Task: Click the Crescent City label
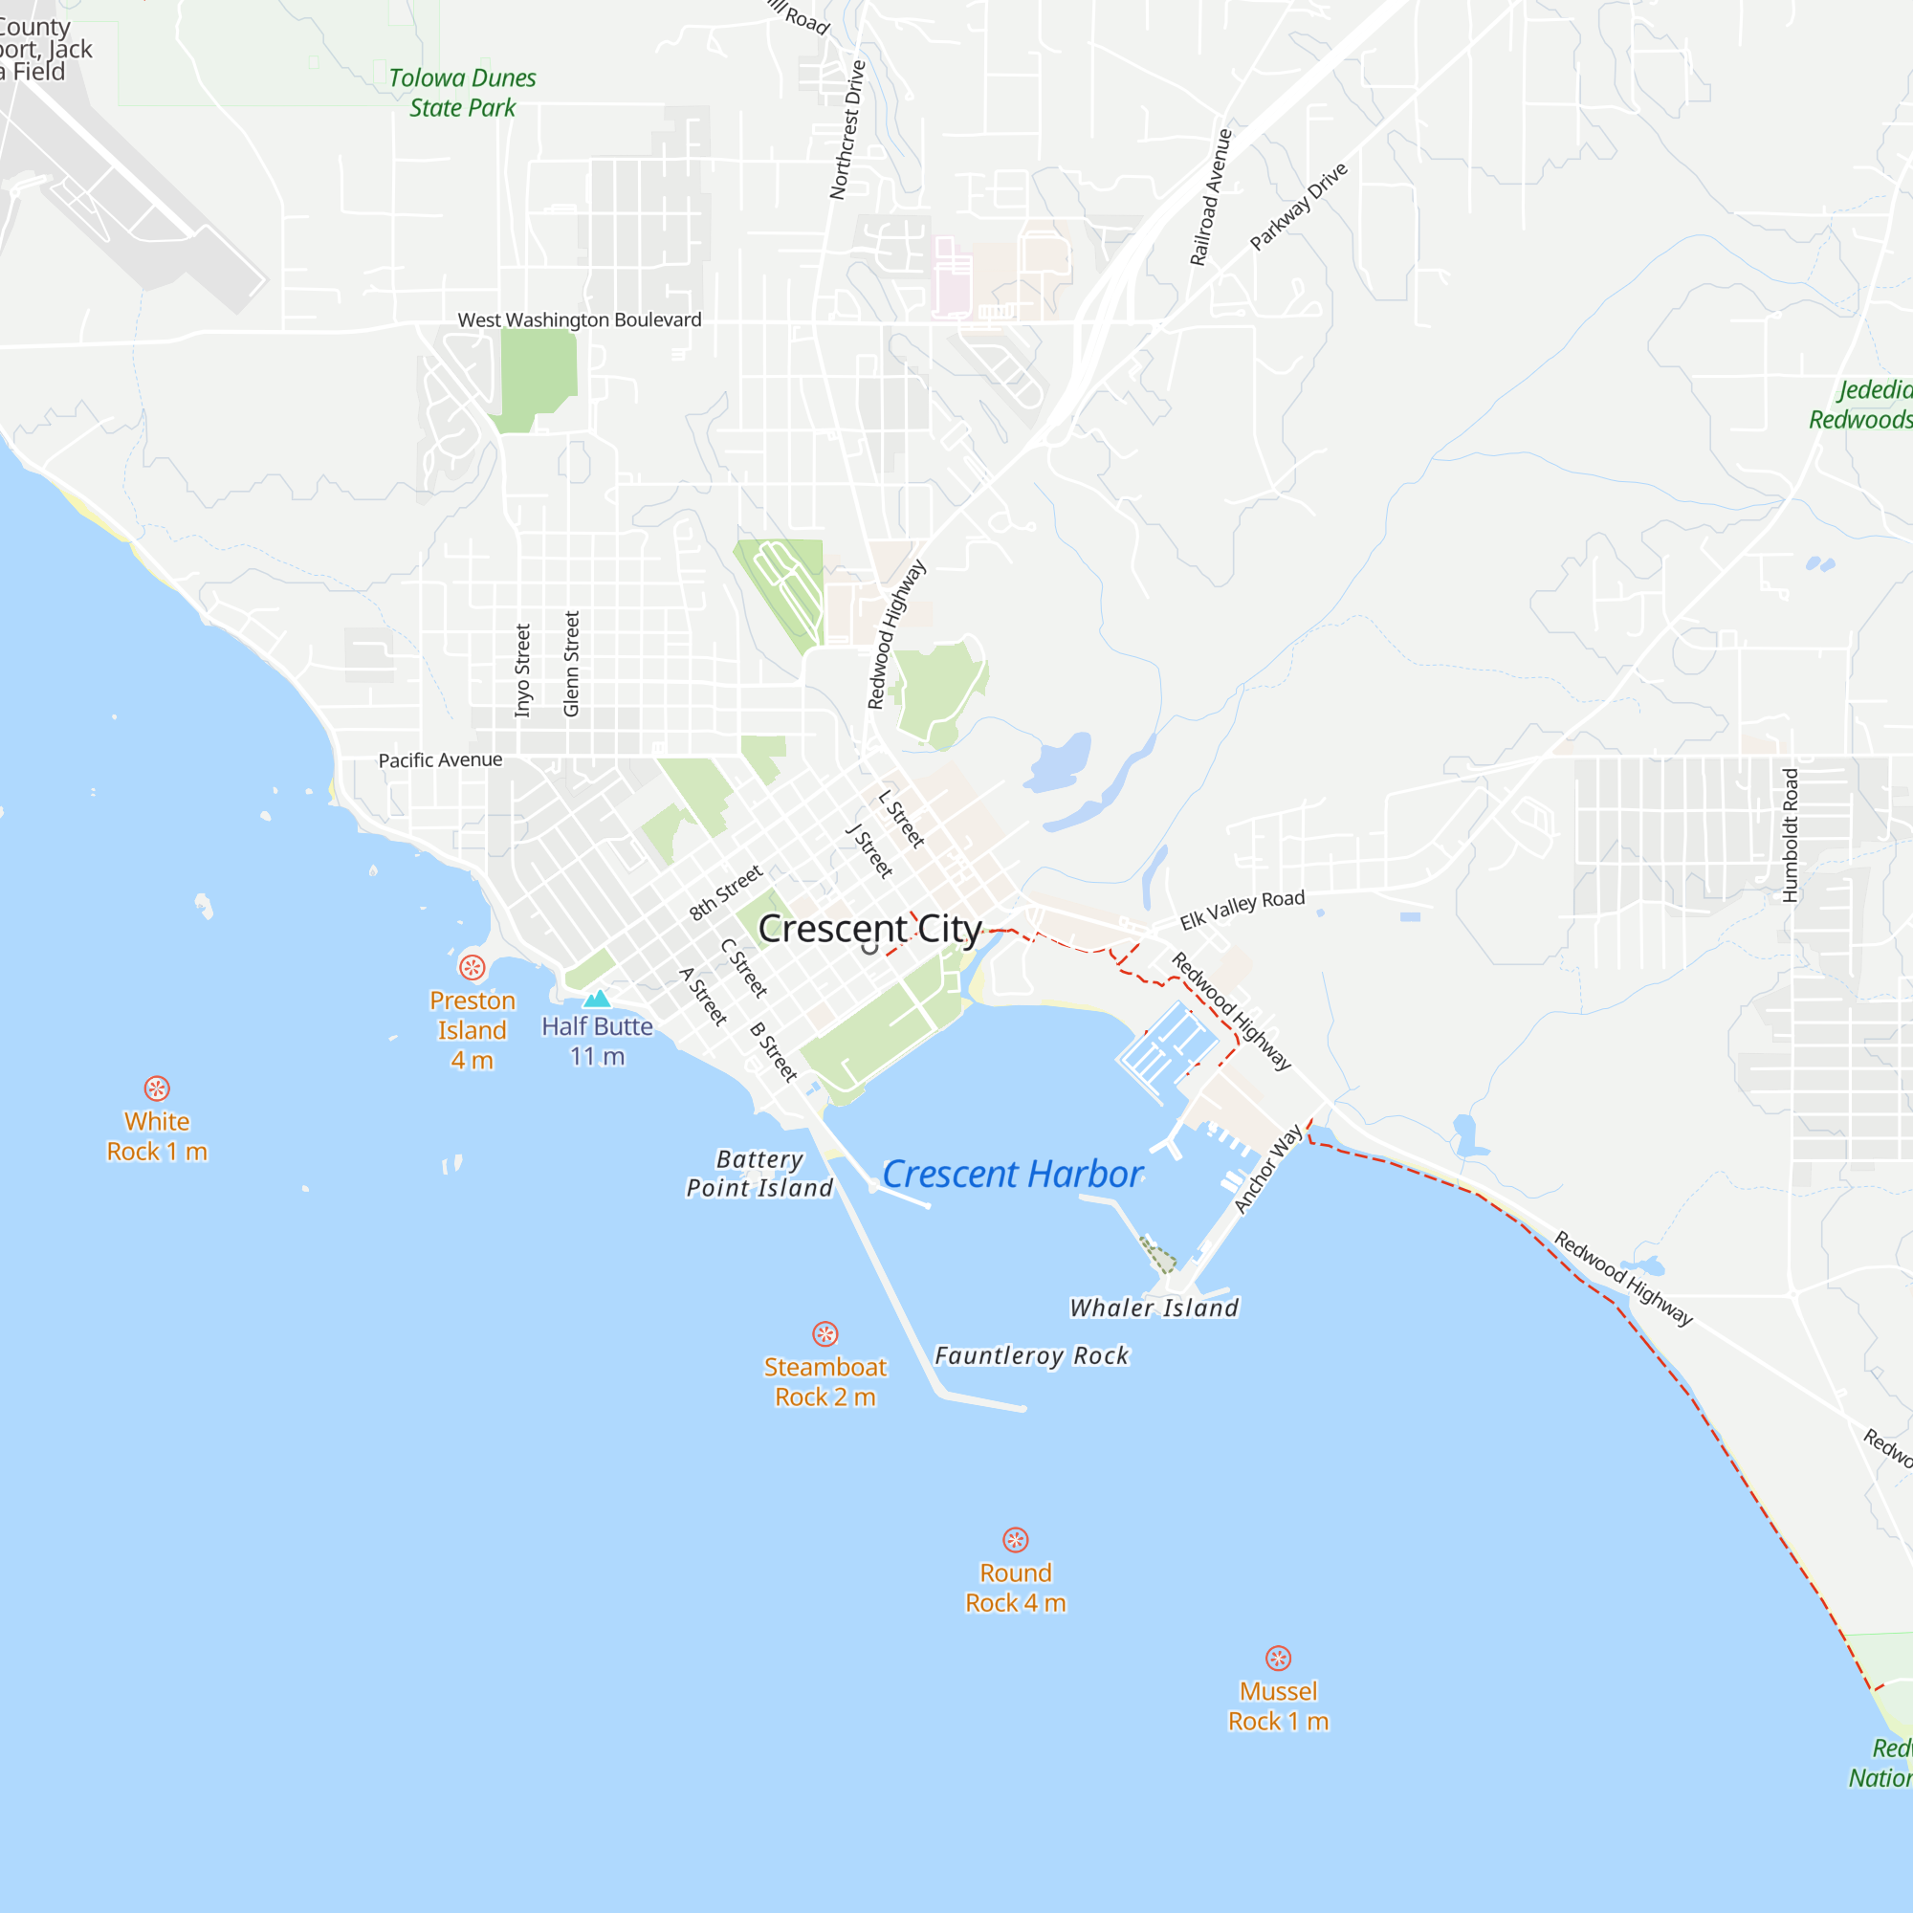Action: (869, 929)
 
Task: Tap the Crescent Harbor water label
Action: (1012, 1175)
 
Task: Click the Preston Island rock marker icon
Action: (473, 966)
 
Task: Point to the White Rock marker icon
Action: (157, 1088)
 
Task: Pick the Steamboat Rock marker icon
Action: (825, 1333)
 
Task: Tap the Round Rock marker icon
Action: (1015, 1540)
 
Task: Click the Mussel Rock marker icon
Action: (1277, 1659)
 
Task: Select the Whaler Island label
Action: (1154, 1308)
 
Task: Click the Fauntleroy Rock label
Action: (1031, 1355)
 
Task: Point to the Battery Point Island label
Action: (759, 1174)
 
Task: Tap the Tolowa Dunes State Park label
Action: (462, 92)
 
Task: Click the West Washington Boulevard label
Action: (580, 319)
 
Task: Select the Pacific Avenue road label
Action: (440, 759)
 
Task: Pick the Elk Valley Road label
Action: (1242, 909)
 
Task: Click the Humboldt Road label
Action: (1790, 835)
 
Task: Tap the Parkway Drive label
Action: (1298, 206)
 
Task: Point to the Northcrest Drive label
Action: (847, 130)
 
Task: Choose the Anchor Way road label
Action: (1267, 1169)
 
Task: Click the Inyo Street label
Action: (523, 670)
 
